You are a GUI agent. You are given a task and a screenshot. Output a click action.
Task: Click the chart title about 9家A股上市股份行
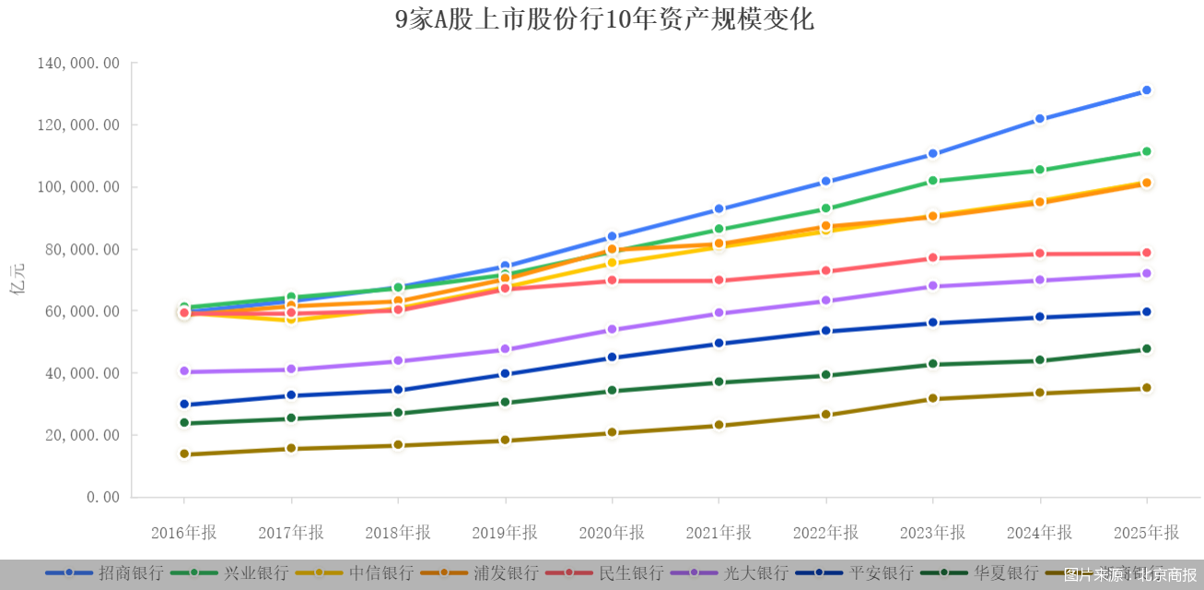pyautogui.click(x=604, y=19)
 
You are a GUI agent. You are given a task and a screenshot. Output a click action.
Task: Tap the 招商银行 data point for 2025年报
pyautogui.click(x=1147, y=90)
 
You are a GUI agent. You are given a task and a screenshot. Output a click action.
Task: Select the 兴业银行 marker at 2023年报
pyautogui.click(x=933, y=181)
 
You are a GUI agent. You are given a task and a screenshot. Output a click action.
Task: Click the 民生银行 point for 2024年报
pyautogui.click(x=1040, y=254)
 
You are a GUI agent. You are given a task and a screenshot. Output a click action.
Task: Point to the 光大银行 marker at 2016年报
pyautogui.click(x=184, y=372)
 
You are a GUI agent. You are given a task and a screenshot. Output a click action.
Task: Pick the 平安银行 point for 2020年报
pyautogui.click(x=612, y=358)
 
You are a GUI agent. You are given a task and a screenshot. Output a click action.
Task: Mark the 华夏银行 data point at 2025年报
pyautogui.click(x=1147, y=349)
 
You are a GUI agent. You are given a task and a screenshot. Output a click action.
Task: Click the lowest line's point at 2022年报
pyautogui.click(x=826, y=415)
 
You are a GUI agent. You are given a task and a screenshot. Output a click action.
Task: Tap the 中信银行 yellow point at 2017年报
pyautogui.click(x=291, y=319)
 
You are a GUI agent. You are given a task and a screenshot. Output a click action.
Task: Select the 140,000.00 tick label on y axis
pyautogui.click(x=78, y=63)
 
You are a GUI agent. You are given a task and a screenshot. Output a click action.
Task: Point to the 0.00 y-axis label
pyautogui.click(x=103, y=497)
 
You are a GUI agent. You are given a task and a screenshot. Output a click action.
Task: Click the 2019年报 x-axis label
pyautogui.click(x=505, y=533)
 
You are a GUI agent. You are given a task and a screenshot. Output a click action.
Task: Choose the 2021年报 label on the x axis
pyautogui.click(x=719, y=533)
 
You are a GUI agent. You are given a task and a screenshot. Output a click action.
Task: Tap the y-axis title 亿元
pyautogui.click(x=18, y=279)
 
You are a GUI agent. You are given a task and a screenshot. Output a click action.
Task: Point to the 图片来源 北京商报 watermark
pyautogui.click(x=1131, y=574)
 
